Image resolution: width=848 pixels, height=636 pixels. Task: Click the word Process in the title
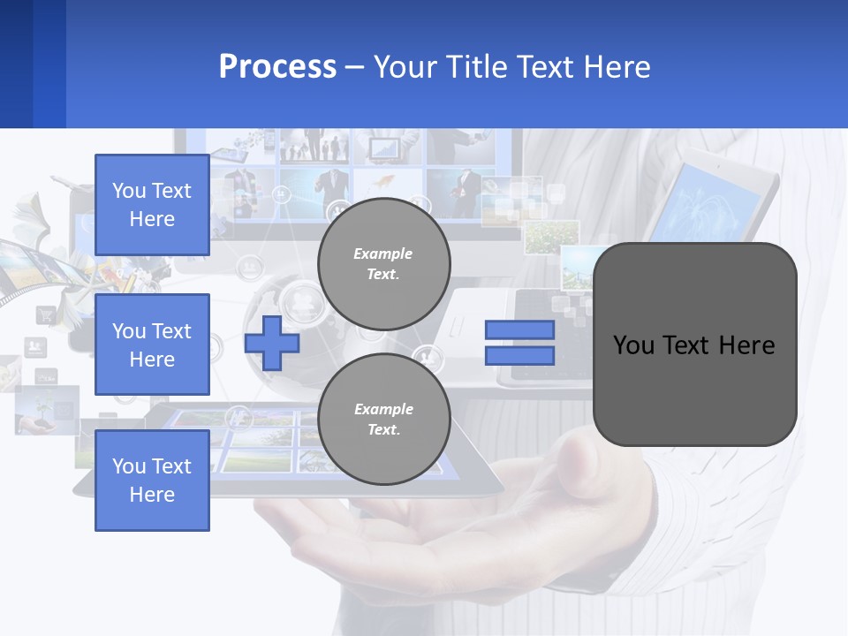coord(277,67)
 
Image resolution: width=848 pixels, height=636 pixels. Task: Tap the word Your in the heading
coord(407,67)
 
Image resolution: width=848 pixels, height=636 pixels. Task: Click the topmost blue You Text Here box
coord(152,205)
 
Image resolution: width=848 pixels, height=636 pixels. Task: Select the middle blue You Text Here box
coord(152,344)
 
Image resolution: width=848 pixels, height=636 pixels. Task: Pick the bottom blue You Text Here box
coord(152,481)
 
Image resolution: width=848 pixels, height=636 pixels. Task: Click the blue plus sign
coord(272,343)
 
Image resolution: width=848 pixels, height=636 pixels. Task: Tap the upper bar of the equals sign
coord(519,330)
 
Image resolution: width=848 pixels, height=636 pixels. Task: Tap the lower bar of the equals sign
coord(519,356)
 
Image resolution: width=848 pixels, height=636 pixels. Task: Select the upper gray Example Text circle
coord(383,263)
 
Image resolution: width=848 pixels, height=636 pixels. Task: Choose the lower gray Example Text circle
coord(383,419)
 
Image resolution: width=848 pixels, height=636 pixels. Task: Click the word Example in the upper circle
coord(383,254)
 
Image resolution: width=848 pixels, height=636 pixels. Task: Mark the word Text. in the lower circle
coord(383,430)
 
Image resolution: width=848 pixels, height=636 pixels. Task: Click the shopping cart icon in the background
coord(45,314)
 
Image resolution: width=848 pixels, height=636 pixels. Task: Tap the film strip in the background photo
coord(35,265)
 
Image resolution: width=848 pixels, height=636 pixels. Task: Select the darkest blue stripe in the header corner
coord(16,64)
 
